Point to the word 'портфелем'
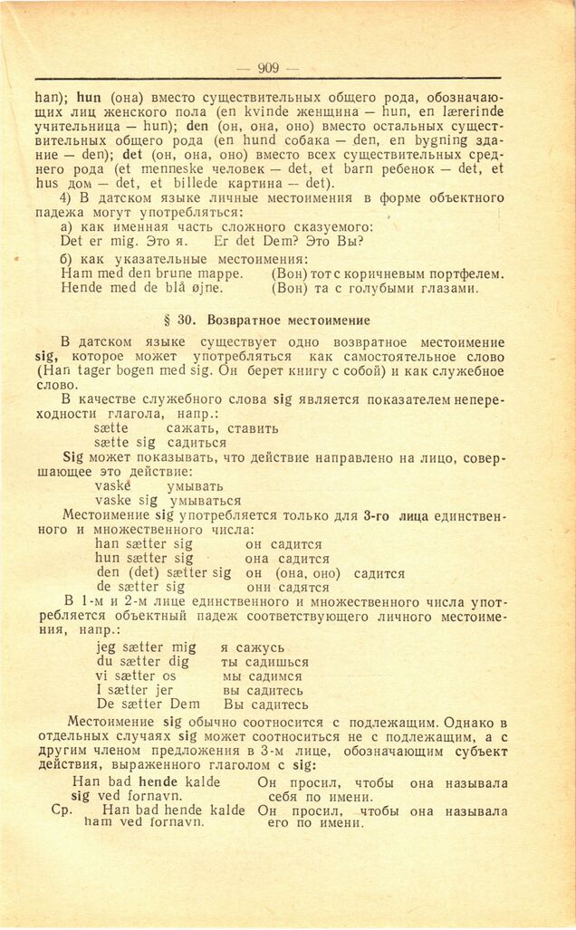(457, 273)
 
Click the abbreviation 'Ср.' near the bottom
(62, 809)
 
